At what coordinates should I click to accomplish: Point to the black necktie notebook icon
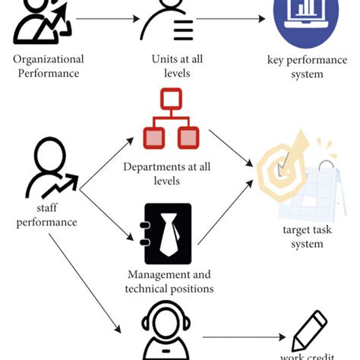coord(168,234)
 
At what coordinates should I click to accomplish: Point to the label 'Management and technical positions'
coord(170,281)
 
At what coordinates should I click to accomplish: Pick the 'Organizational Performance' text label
coord(49,67)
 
